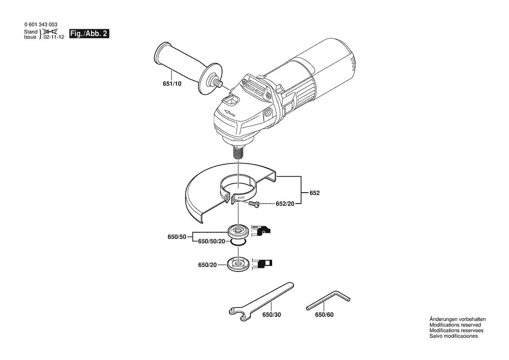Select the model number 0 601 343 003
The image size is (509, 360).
tap(40, 25)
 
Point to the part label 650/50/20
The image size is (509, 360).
tap(212, 241)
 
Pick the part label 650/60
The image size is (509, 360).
tap(324, 315)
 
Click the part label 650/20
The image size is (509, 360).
tap(207, 265)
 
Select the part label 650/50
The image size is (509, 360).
tap(177, 237)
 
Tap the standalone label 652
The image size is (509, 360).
tap(314, 193)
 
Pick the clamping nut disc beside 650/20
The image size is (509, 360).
tap(238, 264)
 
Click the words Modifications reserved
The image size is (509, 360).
tap(455, 325)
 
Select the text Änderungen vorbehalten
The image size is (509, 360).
tap(458, 319)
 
